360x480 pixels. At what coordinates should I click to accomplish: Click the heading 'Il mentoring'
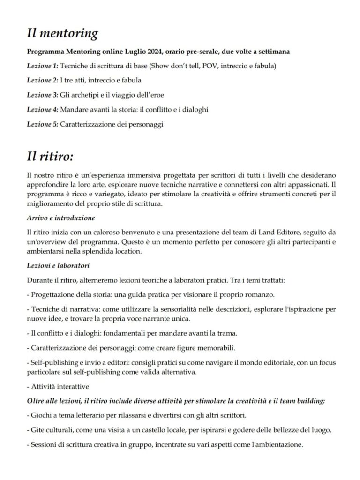pos(62,34)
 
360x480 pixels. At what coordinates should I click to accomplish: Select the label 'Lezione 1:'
pos(43,66)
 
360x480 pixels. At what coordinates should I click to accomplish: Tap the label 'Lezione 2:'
pos(43,80)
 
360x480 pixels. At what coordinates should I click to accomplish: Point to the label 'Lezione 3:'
pos(43,95)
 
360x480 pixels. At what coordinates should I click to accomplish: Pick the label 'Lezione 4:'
pos(43,109)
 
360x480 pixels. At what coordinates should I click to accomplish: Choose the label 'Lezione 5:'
pos(43,124)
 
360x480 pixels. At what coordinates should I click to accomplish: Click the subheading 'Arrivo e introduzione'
pos(61,218)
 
